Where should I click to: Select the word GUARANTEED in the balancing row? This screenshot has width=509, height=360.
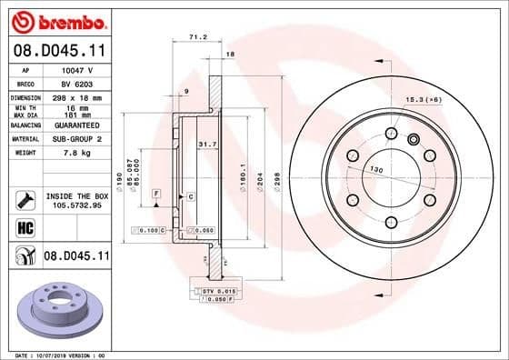(78, 125)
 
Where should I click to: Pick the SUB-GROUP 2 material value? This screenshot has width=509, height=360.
(78, 138)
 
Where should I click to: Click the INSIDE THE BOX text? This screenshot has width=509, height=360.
(76, 195)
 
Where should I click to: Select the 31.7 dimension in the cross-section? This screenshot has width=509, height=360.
(207, 143)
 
